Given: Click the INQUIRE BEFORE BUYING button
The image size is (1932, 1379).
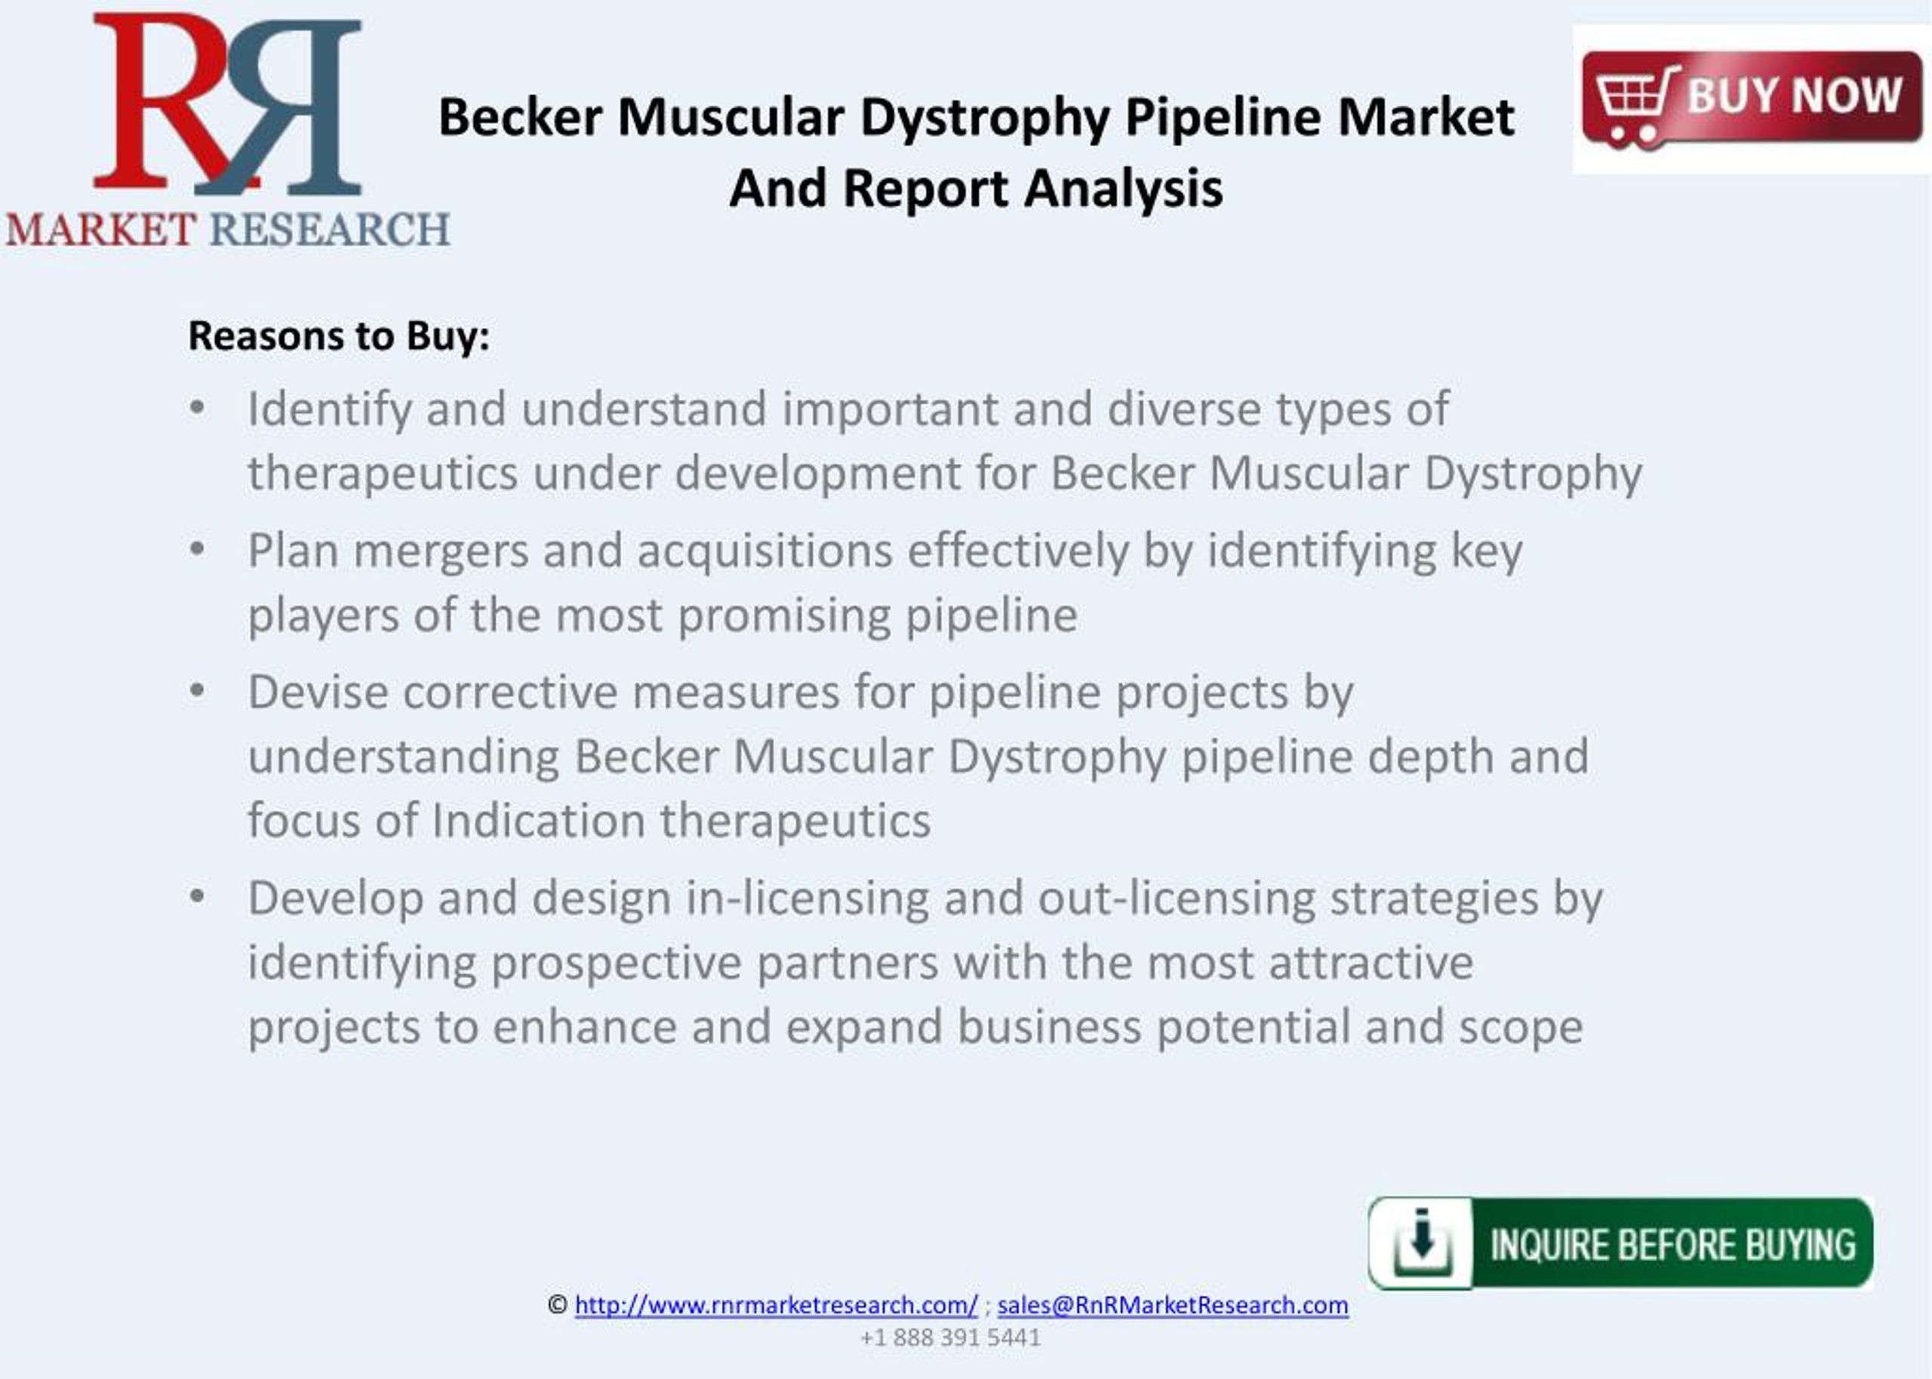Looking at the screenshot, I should [x=1620, y=1243].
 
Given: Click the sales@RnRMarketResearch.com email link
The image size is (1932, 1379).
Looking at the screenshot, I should [x=1172, y=1305].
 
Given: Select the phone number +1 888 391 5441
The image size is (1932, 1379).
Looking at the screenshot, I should [x=950, y=1338].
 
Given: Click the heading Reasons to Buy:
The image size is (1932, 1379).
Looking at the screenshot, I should [x=339, y=336].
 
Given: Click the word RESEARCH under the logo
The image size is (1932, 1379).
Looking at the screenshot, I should [x=330, y=230].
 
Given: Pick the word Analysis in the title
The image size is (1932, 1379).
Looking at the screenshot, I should [x=1123, y=189].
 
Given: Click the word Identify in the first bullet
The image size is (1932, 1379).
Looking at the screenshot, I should [x=330, y=410].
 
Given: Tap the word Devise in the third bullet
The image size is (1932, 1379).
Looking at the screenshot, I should [x=318, y=692].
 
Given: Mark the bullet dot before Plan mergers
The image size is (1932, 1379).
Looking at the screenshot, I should [x=198, y=549].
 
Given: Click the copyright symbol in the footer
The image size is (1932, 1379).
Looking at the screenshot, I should [x=557, y=1305].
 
